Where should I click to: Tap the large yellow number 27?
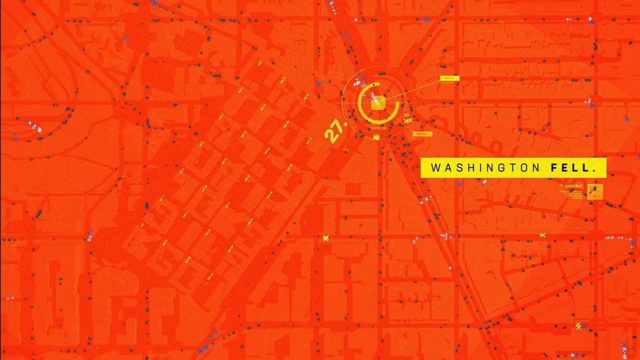click(335, 129)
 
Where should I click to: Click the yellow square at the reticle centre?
click(378, 103)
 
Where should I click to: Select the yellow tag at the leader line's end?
click(449, 79)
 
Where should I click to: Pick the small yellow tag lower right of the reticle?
click(423, 134)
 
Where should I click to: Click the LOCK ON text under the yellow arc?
click(378, 127)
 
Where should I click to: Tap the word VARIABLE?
click(573, 186)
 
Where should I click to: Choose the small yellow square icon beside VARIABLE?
click(595, 191)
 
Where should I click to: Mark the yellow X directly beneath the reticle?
click(377, 137)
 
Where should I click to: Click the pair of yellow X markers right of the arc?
click(407, 118)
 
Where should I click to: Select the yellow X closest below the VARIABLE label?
click(543, 235)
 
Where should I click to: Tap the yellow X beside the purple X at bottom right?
click(579, 325)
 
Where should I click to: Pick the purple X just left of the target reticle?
click(319, 84)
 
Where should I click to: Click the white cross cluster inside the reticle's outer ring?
click(358, 83)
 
